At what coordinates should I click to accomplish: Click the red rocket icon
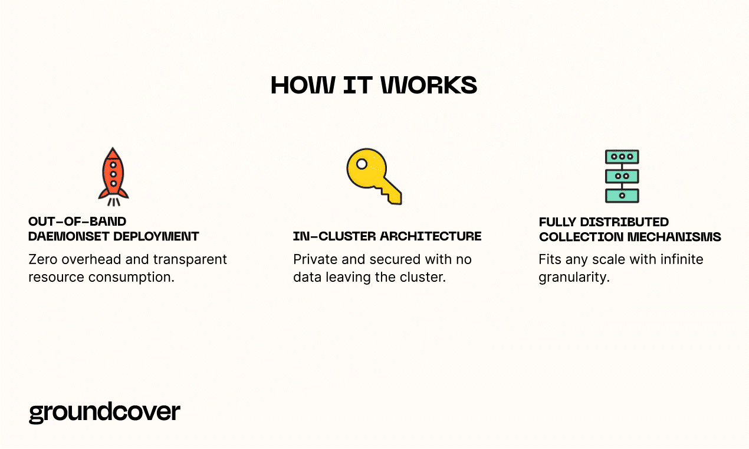[x=113, y=177]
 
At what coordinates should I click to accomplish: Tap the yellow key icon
[x=374, y=176]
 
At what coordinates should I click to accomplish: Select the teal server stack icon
[x=622, y=176]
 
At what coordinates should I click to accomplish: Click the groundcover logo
[x=104, y=413]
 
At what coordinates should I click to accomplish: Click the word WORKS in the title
[x=429, y=85]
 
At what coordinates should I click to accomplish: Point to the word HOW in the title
[x=303, y=85]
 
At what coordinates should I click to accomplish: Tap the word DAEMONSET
[x=68, y=236]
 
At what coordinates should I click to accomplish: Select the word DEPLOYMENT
[x=156, y=236]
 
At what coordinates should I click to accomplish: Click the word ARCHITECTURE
[x=431, y=236]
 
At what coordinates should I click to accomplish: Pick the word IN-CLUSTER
[x=334, y=236]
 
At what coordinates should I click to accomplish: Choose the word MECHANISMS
[x=674, y=237]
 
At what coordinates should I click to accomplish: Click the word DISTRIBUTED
[x=625, y=222]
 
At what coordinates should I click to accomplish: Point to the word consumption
[x=132, y=278]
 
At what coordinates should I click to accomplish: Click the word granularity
[x=574, y=278]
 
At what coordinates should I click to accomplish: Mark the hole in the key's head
[x=362, y=164]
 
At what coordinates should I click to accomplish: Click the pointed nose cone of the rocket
[x=113, y=153]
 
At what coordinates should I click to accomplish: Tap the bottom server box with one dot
[x=622, y=196]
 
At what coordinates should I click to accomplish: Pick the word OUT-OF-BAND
[x=77, y=222]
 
